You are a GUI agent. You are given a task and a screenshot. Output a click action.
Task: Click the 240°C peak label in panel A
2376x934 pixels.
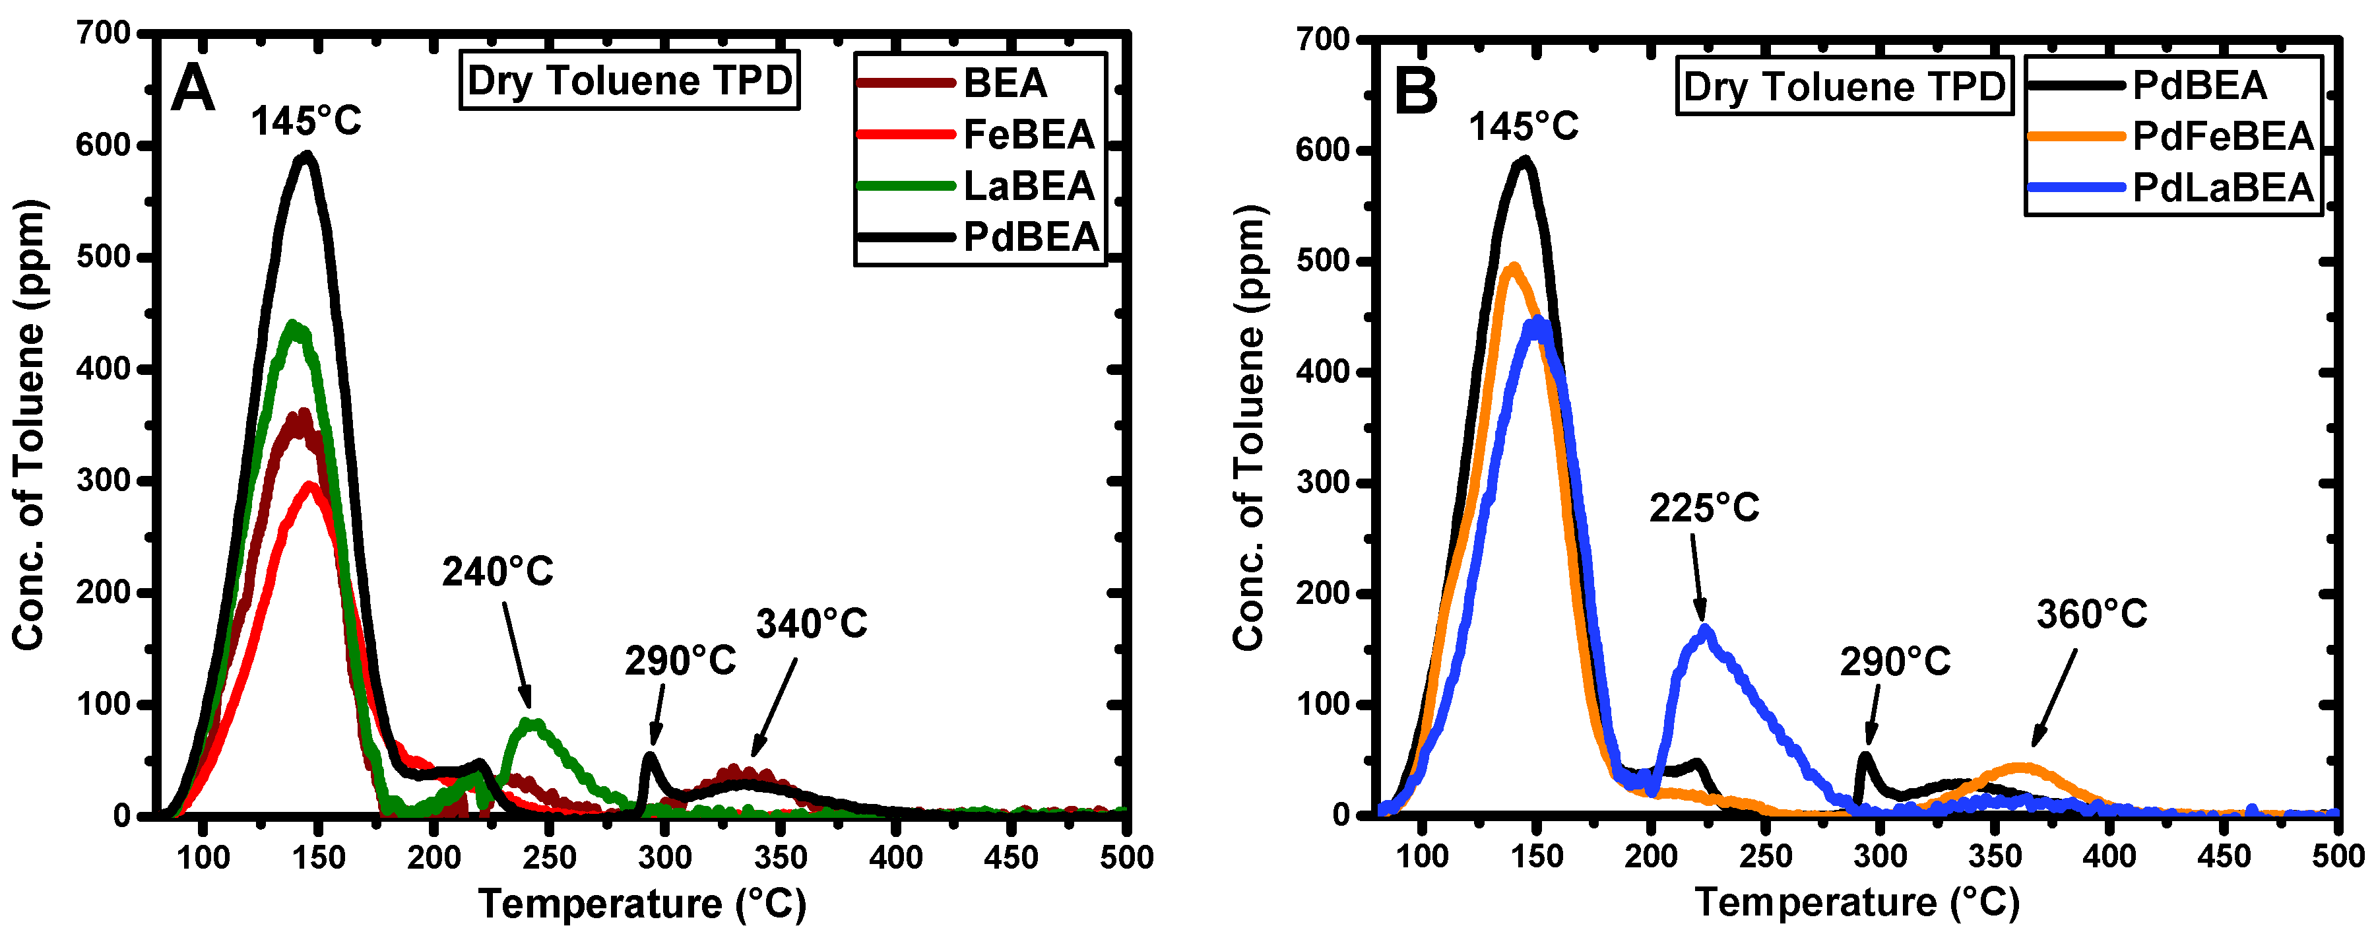click(497, 572)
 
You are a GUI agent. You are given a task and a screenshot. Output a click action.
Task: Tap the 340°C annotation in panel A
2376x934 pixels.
click(812, 624)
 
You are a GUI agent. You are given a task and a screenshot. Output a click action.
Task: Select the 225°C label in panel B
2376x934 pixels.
click(1704, 508)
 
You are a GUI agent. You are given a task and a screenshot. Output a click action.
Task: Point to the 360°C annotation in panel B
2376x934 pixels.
click(2091, 614)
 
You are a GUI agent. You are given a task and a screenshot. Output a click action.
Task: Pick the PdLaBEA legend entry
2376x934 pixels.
click(2222, 188)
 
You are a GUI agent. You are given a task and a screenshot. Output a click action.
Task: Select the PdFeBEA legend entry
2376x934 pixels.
click(2222, 137)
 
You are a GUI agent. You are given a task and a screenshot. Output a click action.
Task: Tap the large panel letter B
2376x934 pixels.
click(1416, 92)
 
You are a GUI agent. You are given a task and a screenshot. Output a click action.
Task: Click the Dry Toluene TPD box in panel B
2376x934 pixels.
click(1844, 86)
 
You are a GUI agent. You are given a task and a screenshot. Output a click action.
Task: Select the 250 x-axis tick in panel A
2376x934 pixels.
click(550, 857)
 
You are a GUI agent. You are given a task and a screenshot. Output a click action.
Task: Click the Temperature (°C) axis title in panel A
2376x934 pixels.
click(642, 904)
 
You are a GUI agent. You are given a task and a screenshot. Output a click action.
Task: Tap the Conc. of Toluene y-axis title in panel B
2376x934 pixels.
click(1249, 426)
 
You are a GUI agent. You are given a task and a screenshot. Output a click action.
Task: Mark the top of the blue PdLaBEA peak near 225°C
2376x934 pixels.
click(1704, 630)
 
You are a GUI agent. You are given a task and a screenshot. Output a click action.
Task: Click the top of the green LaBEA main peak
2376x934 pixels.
click(294, 325)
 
